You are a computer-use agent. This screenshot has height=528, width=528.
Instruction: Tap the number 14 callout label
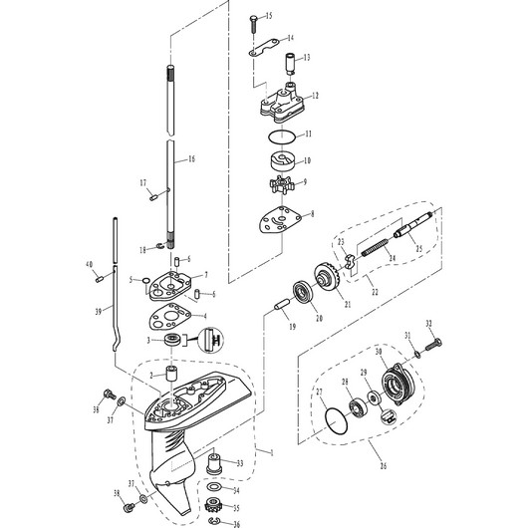click(x=290, y=38)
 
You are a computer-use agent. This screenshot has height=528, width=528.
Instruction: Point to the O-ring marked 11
click(x=282, y=135)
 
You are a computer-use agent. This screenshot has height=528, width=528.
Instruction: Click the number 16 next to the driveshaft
click(x=191, y=158)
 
